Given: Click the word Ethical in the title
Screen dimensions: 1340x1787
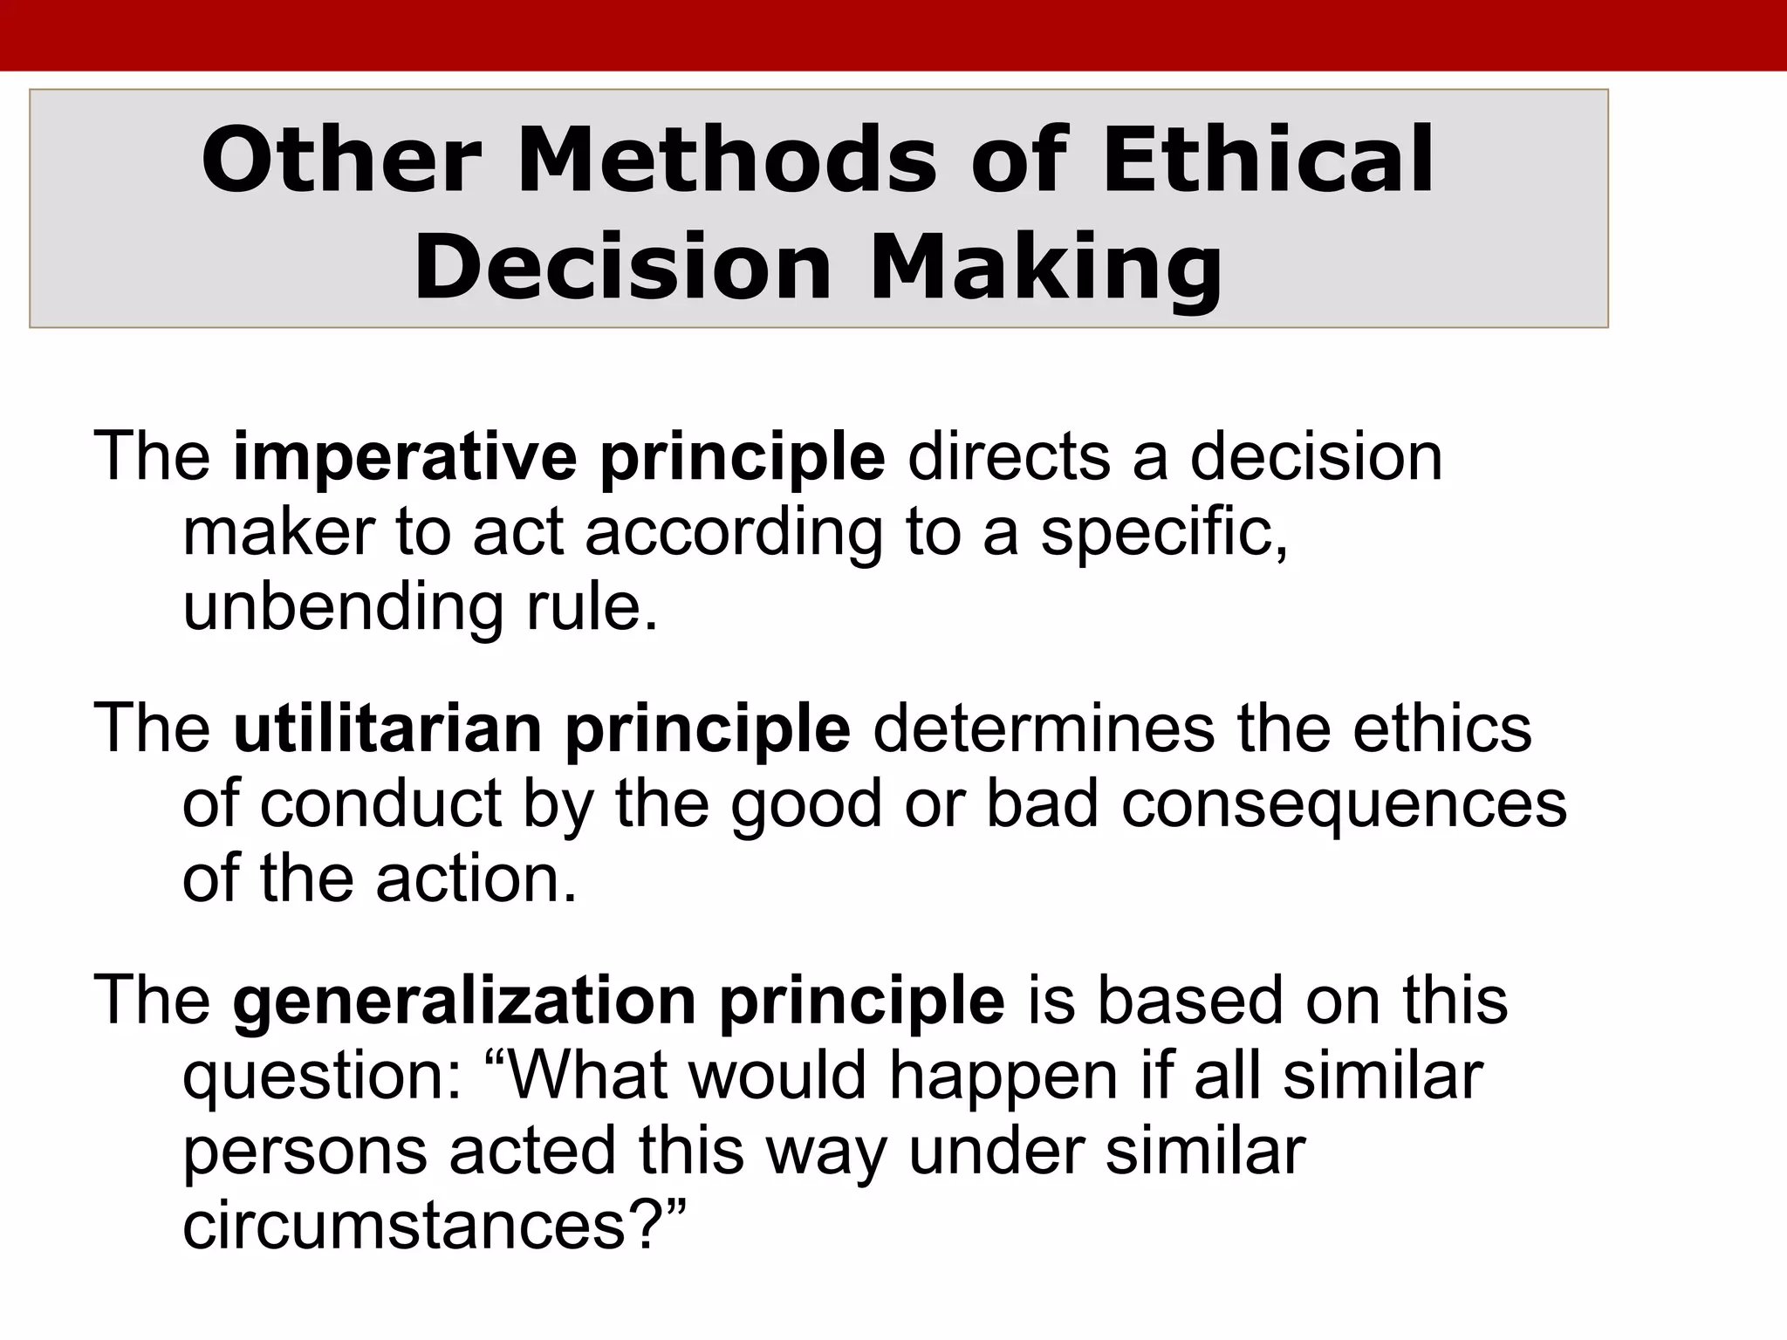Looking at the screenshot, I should coord(1267,161).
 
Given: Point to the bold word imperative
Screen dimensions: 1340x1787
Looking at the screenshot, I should coord(405,458).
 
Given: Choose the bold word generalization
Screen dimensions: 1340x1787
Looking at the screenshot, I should coord(464,1000).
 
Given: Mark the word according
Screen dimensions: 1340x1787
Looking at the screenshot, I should coord(734,534).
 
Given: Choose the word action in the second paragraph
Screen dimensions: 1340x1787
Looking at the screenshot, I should coord(476,878).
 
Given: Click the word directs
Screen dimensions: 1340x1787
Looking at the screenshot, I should coord(1009,458).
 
